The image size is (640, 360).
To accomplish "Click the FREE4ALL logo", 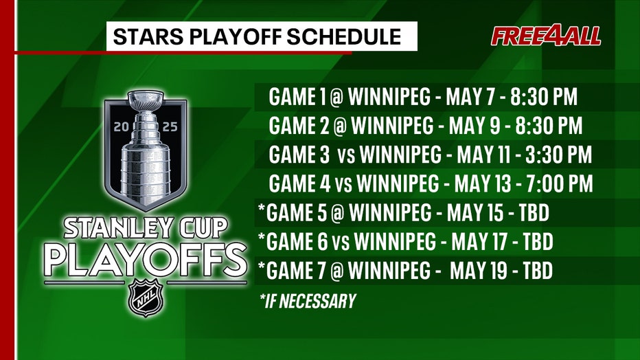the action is click(546, 36).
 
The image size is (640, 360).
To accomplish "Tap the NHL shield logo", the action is click(146, 297).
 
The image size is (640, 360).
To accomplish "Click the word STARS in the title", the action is click(148, 36).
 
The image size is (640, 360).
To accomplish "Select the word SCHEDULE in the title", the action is click(343, 36).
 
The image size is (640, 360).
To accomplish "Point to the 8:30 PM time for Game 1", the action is click(544, 97).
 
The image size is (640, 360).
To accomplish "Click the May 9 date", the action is click(475, 126).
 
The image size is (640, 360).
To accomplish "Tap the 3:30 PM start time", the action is click(558, 155).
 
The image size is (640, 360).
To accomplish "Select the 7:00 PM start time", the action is click(560, 183).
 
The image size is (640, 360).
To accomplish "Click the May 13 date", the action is click(483, 183).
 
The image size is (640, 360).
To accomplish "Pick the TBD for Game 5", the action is click(534, 213).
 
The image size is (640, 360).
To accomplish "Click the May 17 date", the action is click(479, 242).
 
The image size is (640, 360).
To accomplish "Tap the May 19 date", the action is click(479, 271).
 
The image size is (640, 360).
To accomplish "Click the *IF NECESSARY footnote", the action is click(308, 301).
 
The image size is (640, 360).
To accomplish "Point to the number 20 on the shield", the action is click(122, 127).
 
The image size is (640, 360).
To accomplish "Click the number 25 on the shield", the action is click(170, 127).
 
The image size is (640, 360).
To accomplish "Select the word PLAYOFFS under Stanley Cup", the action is click(146, 260).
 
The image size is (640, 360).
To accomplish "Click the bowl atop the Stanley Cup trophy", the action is click(146, 100).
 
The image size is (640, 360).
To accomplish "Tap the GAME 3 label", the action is click(299, 155).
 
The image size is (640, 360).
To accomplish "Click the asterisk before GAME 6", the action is click(262, 237).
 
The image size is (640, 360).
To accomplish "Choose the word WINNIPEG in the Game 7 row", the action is click(389, 271).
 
